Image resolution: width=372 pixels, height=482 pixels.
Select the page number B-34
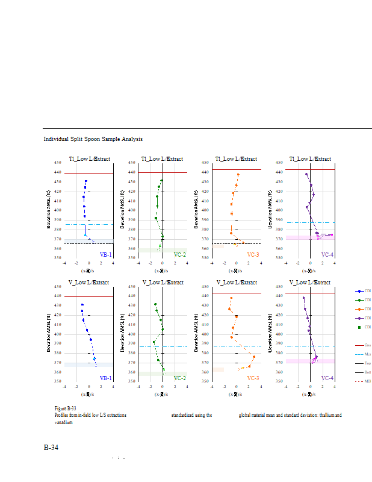tap(51, 448)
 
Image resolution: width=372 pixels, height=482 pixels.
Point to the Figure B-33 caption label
tap(65, 408)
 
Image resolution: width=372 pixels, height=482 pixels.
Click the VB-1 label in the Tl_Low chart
tap(105, 255)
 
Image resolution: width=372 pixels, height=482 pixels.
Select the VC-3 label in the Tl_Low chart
tap(253, 255)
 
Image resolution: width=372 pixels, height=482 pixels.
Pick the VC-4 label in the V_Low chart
tap(327, 378)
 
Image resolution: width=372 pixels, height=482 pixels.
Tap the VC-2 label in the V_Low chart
tap(179, 378)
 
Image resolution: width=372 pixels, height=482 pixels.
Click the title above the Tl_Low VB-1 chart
tap(88, 159)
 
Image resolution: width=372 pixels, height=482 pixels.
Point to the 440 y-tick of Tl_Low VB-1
tap(58, 172)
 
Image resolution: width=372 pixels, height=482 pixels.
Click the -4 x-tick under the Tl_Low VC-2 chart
tap(138, 263)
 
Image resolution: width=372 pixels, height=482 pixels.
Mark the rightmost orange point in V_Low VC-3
tap(253, 357)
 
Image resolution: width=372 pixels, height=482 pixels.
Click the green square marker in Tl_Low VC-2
tap(156, 218)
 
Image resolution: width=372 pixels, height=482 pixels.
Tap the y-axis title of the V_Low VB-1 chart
tap(49, 333)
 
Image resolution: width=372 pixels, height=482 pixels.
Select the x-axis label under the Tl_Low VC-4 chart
tap(310, 271)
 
